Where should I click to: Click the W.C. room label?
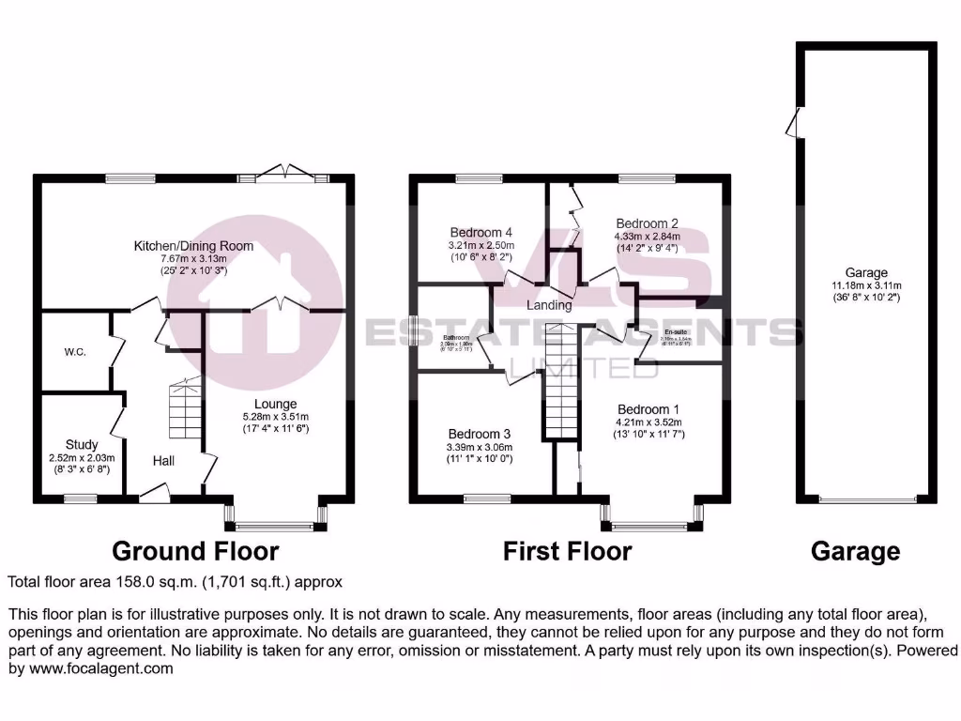(75, 353)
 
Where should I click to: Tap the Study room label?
(82, 444)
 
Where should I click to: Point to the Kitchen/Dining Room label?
(193, 246)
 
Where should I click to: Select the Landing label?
(549, 305)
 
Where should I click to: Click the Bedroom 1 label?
(648, 409)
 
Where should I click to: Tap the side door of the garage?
(795, 123)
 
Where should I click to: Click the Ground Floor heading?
(195, 550)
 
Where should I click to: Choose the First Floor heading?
(567, 550)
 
